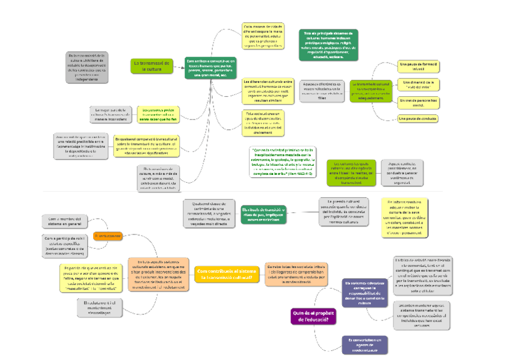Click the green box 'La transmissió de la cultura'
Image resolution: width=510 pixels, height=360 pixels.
point(152,66)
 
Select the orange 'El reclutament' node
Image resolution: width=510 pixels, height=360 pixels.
point(108,236)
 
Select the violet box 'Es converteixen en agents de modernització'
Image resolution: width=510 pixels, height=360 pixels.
point(366,344)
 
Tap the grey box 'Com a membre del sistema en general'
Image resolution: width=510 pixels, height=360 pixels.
point(66,221)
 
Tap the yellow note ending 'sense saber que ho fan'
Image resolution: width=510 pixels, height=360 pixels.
point(158,114)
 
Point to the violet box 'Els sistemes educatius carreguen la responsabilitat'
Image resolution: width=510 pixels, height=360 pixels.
point(365,292)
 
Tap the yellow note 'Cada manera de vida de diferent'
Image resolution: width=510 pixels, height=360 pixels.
point(263,36)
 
